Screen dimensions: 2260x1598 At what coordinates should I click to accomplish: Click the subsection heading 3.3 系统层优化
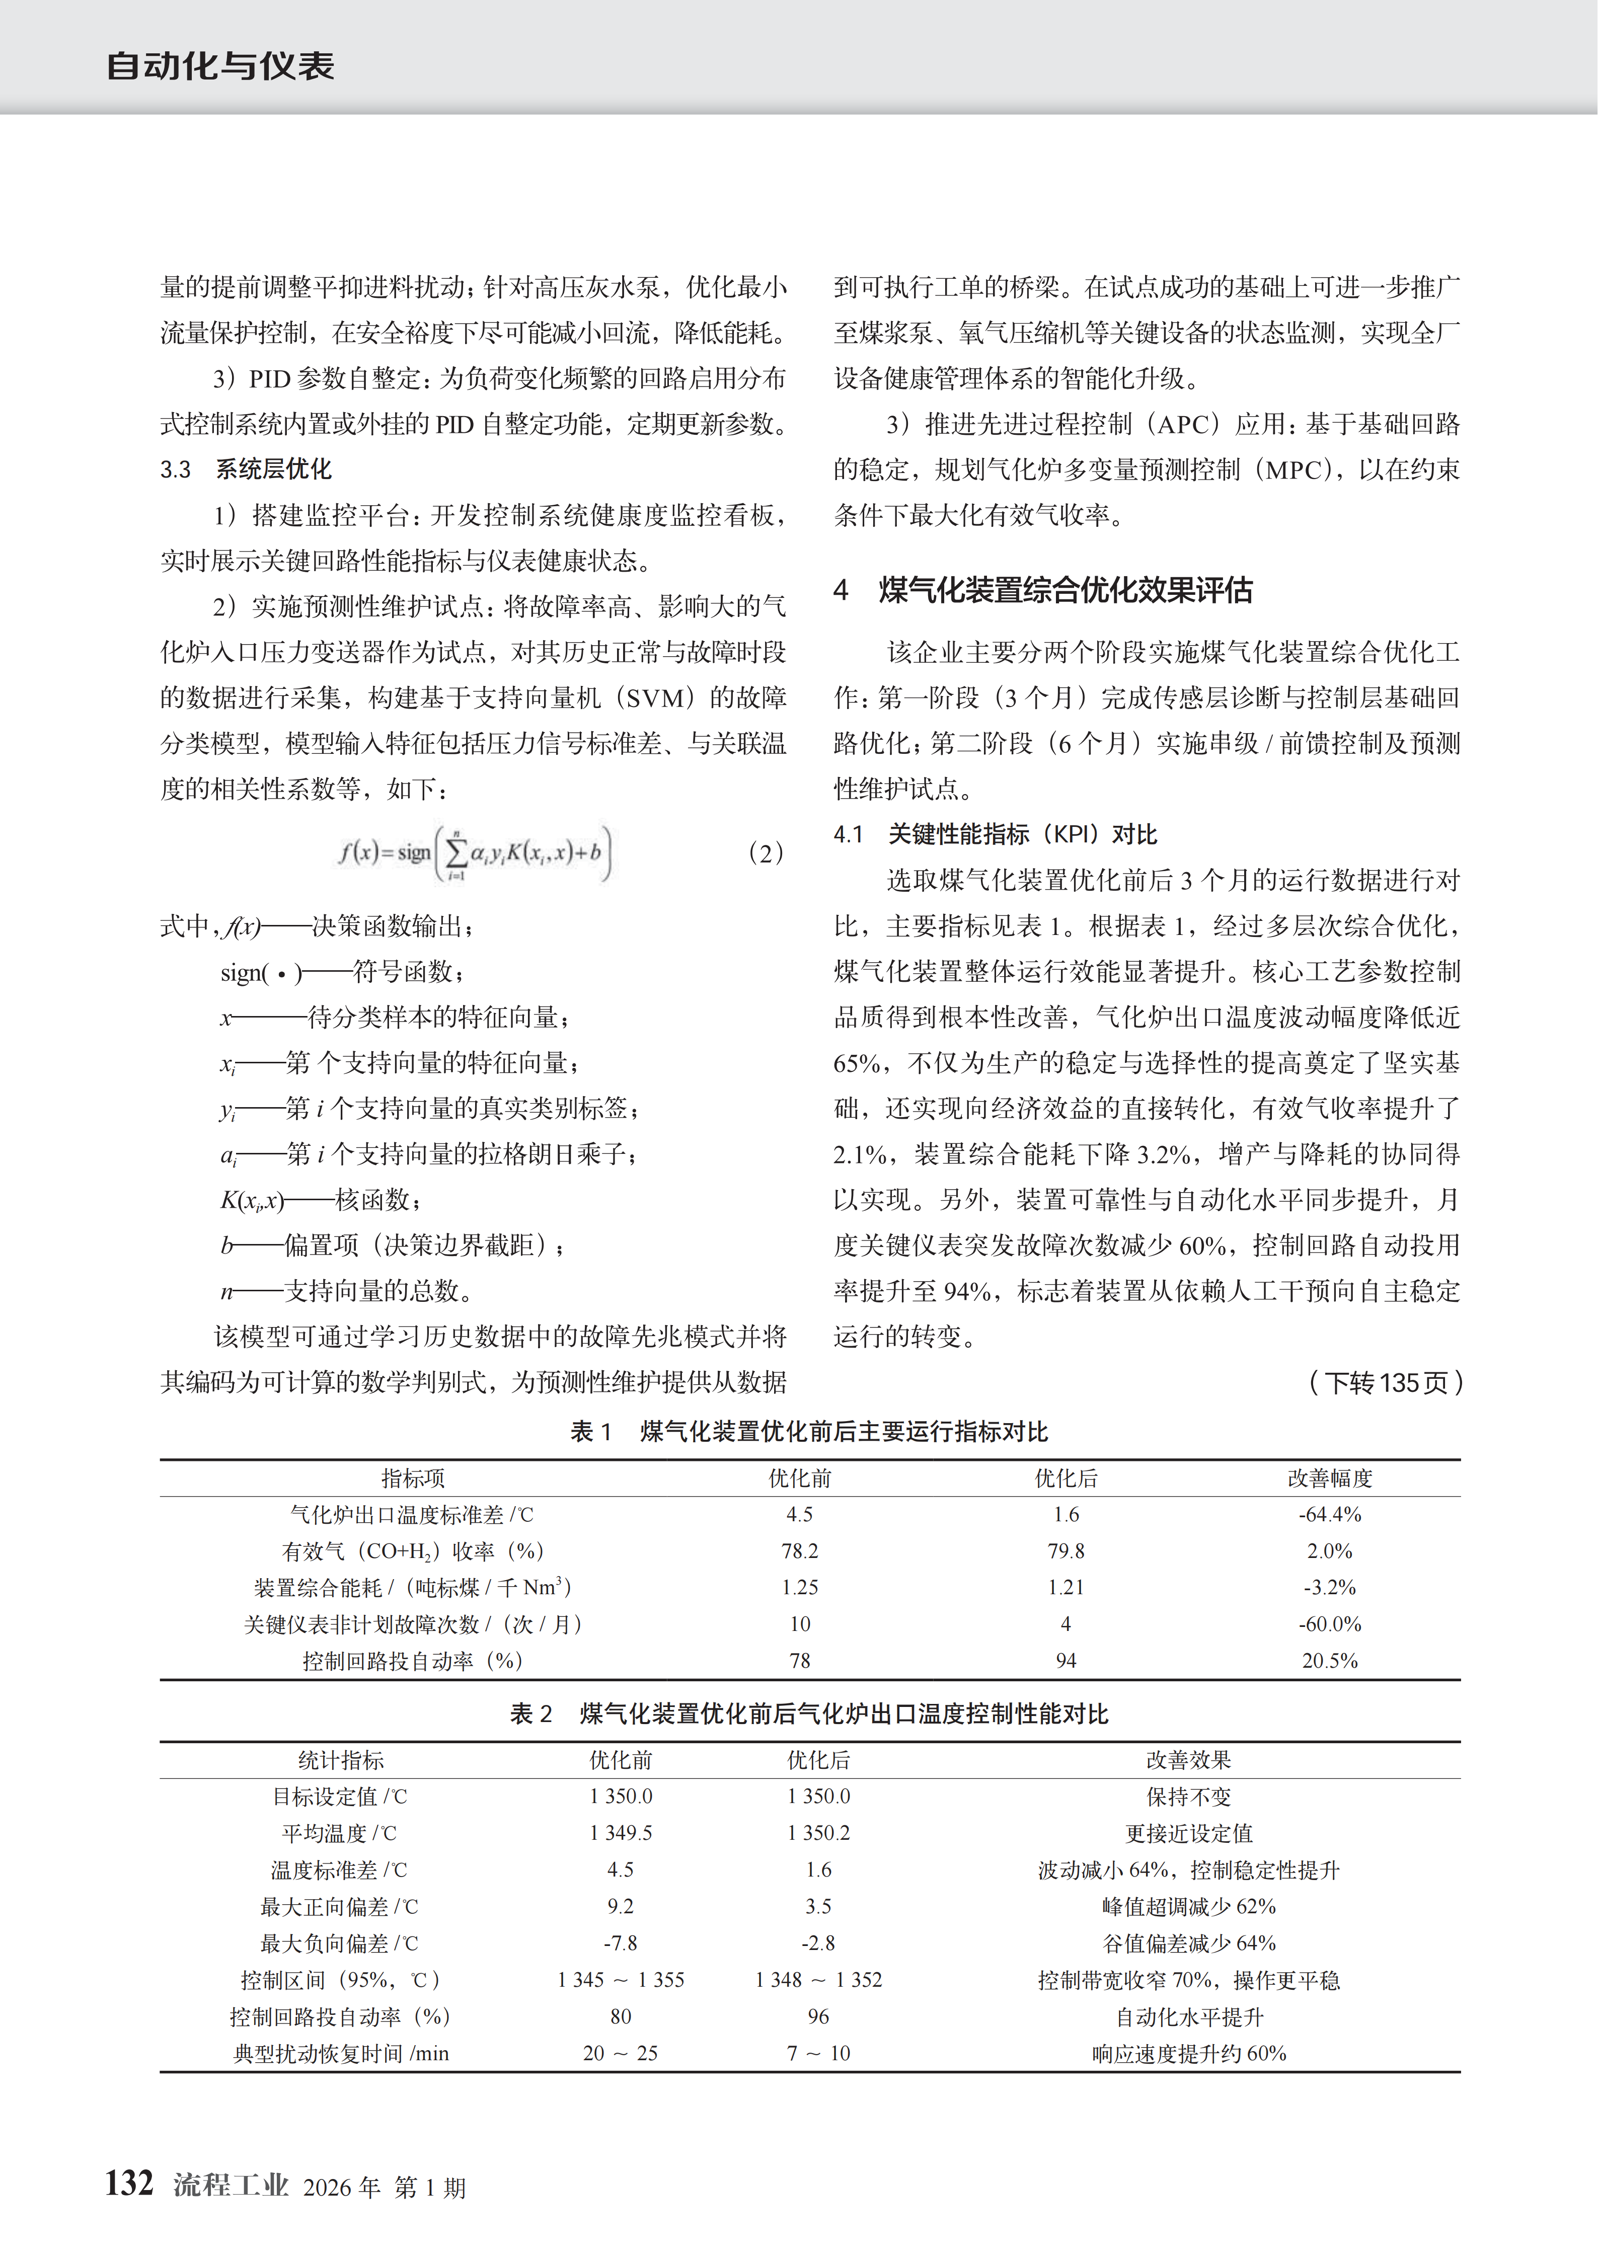[246, 470]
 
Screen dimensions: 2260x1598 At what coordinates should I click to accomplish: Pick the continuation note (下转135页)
[1385, 1383]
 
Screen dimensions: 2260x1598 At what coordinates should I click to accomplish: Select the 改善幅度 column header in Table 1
[1329, 1477]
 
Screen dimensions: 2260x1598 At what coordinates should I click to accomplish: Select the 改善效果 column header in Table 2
[1188, 1760]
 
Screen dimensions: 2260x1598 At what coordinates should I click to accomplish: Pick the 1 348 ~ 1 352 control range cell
[818, 1980]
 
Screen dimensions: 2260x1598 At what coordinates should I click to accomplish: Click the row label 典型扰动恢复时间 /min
[341, 2053]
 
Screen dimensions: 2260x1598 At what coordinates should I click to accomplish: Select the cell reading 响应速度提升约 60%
[1188, 2053]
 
